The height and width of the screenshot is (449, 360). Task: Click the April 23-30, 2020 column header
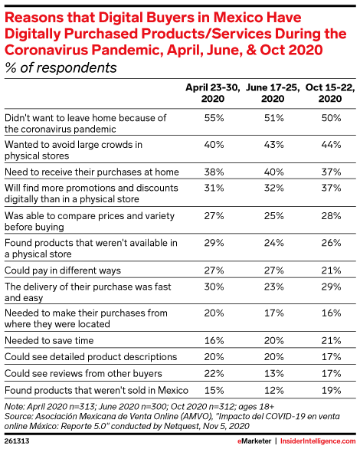click(x=213, y=93)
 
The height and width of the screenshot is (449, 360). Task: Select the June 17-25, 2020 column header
click(x=273, y=93)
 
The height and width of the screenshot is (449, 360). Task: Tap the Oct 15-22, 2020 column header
click(x=330, y=93)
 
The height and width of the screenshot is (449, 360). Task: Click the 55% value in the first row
click(x=214, y=118)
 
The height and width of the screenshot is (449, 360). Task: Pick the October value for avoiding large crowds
click(x=331, y=145)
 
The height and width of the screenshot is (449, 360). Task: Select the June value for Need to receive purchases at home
click(x=274, y=172)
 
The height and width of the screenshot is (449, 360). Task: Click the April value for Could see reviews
click(x=214, y=374)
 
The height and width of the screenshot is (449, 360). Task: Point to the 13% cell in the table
click(x=274, y=374)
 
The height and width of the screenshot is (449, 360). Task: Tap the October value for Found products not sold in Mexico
click(x=332, y=390)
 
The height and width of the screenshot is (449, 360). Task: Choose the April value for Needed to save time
click(x=214, y=341)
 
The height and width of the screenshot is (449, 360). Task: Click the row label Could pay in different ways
click(x=63, y=270)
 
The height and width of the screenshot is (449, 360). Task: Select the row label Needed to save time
click(x=49, y=341)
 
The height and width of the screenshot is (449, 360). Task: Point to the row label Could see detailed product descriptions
click(x=90, y=357)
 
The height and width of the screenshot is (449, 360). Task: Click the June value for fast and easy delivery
click(x=274, y=287)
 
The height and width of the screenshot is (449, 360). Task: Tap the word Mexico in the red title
click(x=237, y=18)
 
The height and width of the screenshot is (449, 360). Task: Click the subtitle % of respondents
click(x=61, y=68)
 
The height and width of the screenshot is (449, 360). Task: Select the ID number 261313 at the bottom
click(x=17, y=441)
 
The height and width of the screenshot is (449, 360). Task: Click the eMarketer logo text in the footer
click(x=254, y=441)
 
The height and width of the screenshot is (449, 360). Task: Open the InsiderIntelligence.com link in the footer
click(x=318, y=441)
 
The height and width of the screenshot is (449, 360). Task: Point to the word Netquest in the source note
click(x=181, y=426)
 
